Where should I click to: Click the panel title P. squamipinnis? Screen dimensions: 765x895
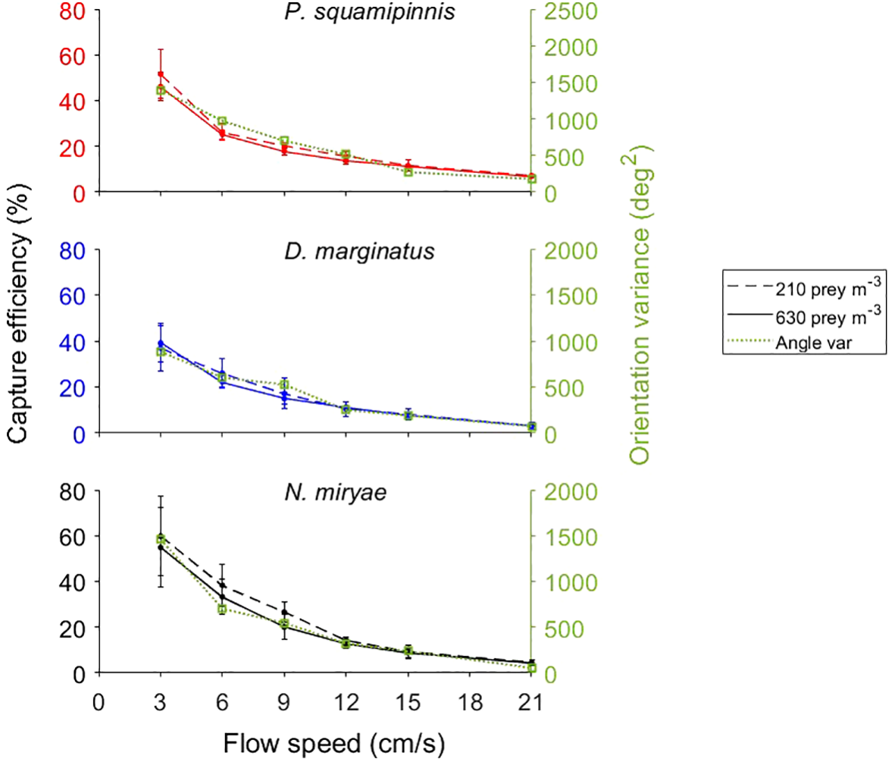(x=370, y=13)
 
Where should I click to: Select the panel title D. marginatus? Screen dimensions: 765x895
(x=359, y=252)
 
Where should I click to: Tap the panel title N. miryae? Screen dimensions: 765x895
(x=336, y=492)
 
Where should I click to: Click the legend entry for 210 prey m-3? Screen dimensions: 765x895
(x=827, y=289)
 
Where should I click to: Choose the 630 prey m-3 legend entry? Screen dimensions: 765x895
(x=827, y=316)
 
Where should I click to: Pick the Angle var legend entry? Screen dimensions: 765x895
(x=813, y=343)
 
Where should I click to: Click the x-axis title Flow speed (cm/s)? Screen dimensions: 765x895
(x=333, y=744)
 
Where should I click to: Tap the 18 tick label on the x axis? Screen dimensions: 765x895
(x=470, y=703)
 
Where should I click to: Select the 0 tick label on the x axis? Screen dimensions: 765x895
(x=99, y=703)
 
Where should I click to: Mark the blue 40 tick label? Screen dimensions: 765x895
(x=72, y=342)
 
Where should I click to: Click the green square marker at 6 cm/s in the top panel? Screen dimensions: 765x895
(x=222, y=121)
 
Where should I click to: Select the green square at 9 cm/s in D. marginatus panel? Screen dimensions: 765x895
(x=284, y=385)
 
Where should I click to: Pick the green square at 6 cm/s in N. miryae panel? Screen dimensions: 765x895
(x=222, y=610)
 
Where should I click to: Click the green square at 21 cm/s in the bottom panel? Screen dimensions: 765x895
(x=531, y=668)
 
